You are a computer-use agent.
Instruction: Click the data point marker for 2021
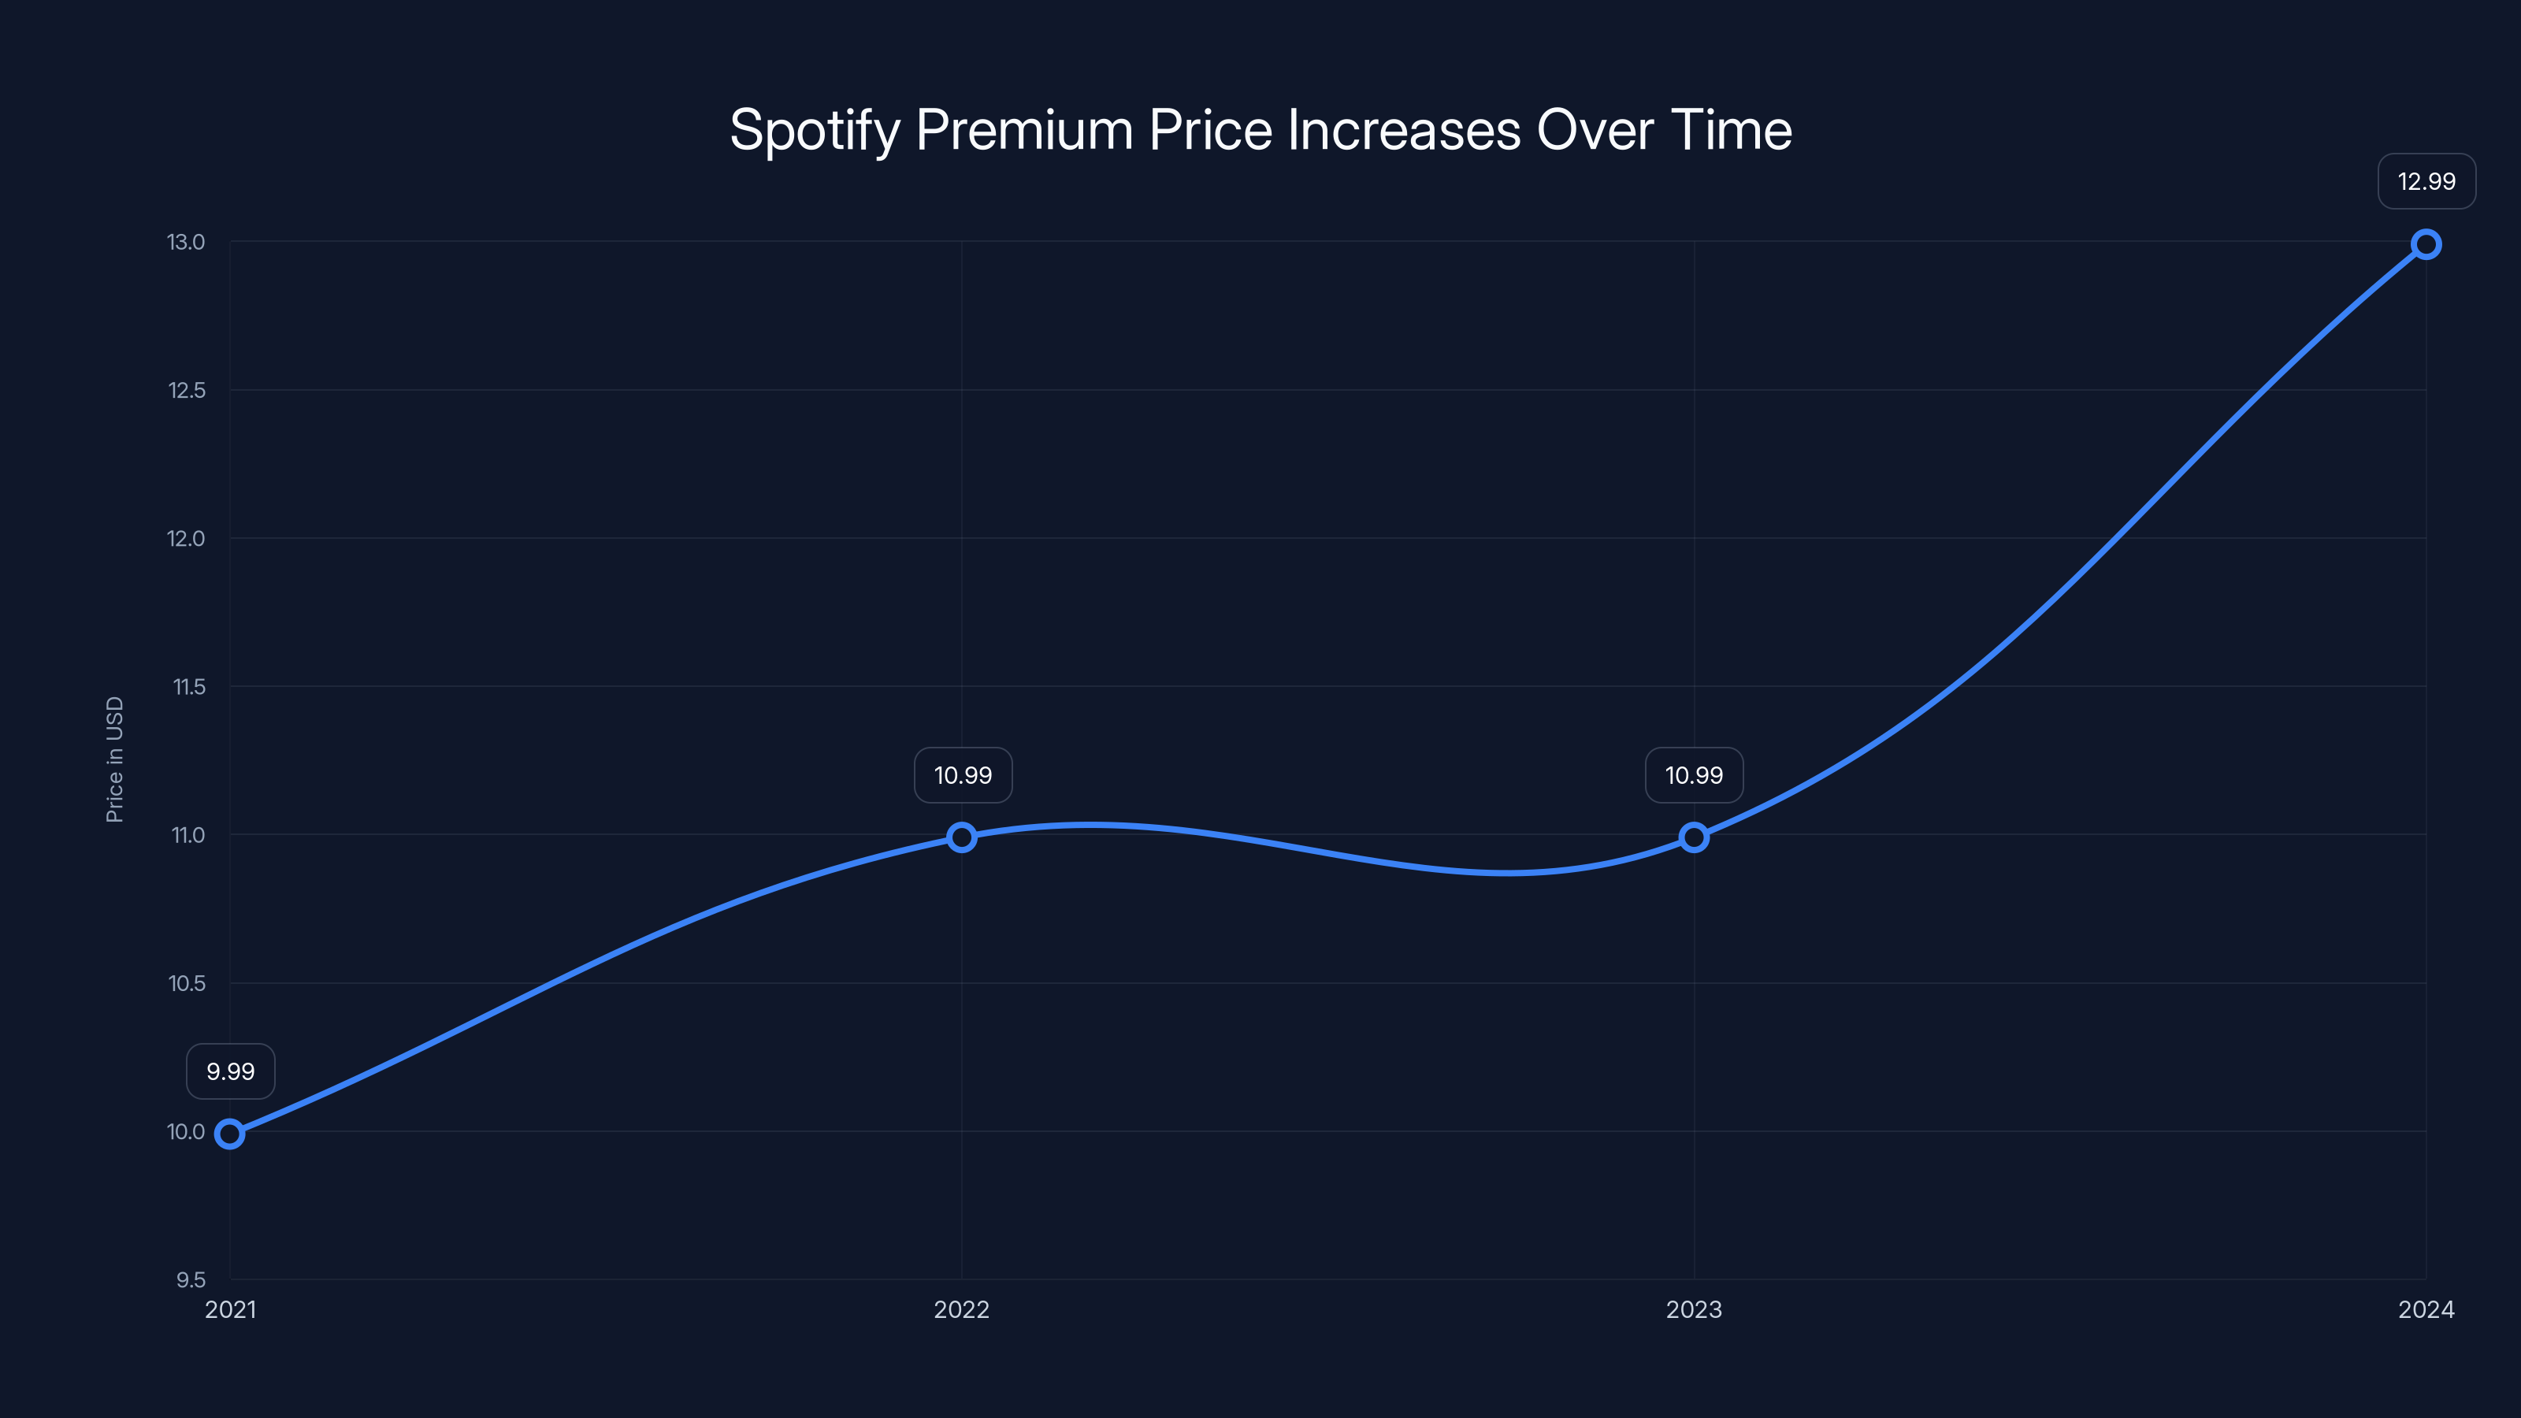pos(230,1134)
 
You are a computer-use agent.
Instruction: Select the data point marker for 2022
pos(962,837)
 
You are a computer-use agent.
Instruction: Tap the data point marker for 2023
pos(1694,837)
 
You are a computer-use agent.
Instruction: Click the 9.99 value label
pos(231,1071)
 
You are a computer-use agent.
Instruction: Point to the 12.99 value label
pos(2426,181)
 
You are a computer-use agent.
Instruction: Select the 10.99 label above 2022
pos(963,775)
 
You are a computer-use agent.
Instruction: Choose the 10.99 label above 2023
pos(1694,775)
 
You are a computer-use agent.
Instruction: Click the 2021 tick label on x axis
pos(230,1309)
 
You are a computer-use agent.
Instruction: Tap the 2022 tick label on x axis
pos(962,1309)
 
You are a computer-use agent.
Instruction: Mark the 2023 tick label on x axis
pos(1694,1309)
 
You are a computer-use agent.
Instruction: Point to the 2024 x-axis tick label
pos(2426,1309)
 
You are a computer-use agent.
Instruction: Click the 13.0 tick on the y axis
pos(186,242)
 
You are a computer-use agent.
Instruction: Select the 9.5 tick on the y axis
pos(191,1279)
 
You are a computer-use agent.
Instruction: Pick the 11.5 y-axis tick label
pos(189,687)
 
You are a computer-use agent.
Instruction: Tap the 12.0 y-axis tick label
pos(186,538)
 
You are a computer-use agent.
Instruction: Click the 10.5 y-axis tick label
pos(187,983)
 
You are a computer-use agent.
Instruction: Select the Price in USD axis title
pos(114,759)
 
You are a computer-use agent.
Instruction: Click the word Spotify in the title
pos(815,130)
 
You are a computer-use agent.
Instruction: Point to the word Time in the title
pos(1732,130)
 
